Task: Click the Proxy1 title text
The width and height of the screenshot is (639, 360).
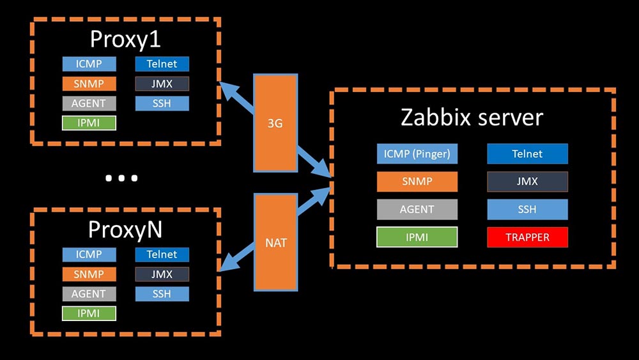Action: [125, 39]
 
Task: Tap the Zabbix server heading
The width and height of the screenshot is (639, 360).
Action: [472, 118]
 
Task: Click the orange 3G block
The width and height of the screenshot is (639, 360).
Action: [275, 123]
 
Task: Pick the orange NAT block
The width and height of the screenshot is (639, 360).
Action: [275, 243]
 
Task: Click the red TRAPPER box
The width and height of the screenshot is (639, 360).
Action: [527, 237]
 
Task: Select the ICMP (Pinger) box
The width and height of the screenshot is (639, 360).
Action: [417, 154]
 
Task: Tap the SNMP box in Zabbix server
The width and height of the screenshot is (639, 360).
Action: [417, 182]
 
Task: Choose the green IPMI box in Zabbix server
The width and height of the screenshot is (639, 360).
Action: [417, 237]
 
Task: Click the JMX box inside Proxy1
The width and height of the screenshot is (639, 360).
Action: [162, 84]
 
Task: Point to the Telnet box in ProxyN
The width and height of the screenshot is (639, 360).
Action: [162, 254]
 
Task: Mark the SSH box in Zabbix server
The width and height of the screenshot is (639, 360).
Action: [527, 210]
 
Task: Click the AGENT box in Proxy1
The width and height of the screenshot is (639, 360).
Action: [89, 103]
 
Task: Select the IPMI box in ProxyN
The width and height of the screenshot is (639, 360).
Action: [89, 313]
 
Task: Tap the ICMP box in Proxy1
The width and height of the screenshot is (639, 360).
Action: [89, 64]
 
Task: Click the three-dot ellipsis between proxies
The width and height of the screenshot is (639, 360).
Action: [121, 178]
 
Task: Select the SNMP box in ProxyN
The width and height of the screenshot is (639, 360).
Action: [89, 274]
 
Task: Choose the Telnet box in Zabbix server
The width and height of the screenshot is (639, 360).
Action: [527, 154]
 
